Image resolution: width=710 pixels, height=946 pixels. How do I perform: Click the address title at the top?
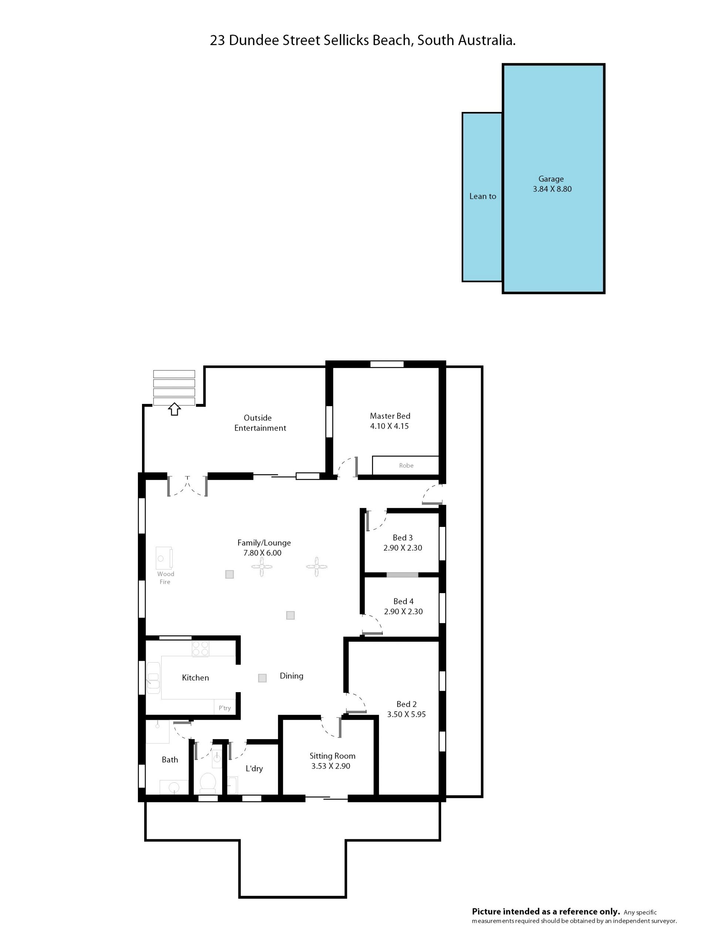(x=362, y=40)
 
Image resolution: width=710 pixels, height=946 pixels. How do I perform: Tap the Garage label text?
(x=551, y=179)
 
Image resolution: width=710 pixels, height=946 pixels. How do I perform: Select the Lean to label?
(x=483, y=196)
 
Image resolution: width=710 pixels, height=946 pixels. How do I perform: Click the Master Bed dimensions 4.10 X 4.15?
(x=389, y=426)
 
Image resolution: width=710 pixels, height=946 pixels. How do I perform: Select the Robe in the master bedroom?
(x=406, y=465)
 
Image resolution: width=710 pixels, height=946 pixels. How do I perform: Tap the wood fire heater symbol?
(x=164, y=558)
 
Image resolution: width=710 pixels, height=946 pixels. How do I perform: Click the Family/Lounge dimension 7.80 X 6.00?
(x=262, y=552)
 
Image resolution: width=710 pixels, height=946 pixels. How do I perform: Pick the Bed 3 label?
(x=403, y=538)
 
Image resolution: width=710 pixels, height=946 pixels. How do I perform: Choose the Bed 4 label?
(x=403, y=601)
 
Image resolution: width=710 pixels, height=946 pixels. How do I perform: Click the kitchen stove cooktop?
(x=200, y=649)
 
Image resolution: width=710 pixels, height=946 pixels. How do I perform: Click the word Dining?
(x=291, y=676)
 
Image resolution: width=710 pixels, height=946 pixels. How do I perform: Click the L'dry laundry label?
(x=254, y=769)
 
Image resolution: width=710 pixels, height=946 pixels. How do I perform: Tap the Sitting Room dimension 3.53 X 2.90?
(x=331, y=766)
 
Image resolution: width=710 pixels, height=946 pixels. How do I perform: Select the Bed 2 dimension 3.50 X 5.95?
(x=406, y=714)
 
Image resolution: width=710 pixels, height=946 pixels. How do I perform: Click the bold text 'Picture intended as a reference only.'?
(x=546, y=911)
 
